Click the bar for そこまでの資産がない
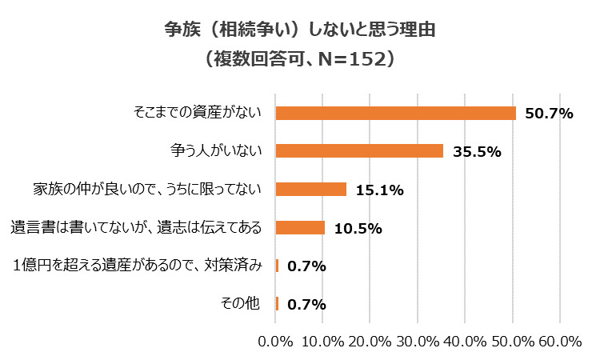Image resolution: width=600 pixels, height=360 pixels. tap(395, 113)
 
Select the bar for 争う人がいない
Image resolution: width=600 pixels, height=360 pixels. tap(359, 151)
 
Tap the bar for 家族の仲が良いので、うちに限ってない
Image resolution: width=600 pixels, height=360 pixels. tap(311, 190)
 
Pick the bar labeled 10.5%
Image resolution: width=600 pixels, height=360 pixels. tap(300, 228)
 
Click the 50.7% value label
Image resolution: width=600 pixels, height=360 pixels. tap(550, 114)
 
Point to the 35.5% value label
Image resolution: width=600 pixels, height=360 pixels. tap(477, 152)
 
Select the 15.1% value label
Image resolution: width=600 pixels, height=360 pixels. tap(380, 190)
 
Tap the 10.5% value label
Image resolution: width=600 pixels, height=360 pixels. tap(358, 229)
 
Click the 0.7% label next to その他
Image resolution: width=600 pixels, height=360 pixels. tap(306, 305)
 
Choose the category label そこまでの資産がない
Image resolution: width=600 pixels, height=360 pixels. tap(198, 113)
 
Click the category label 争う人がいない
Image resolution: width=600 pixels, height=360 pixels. tap(217, 151)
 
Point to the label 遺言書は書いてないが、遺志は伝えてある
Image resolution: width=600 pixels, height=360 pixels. tap(136, 228)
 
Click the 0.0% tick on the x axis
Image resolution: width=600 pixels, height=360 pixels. tap(275, 342)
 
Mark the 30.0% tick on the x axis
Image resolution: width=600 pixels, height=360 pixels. tap(417, 342)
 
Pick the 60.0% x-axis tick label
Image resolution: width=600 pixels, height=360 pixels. tap(559, 342)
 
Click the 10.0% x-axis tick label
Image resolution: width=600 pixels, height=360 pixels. tap(322, 342)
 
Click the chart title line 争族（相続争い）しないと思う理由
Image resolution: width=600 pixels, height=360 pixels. tap(299, 30)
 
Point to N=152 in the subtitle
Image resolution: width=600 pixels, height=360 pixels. tap(352, 60)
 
